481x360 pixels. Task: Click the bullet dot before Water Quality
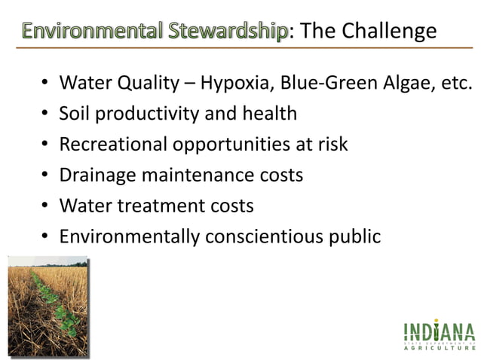click(46, 83)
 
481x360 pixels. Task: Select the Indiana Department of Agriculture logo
click(440, 336)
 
